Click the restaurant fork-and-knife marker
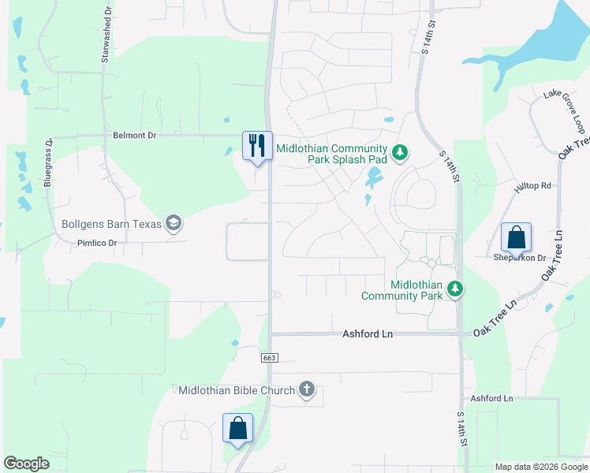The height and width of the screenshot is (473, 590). coord(257,145)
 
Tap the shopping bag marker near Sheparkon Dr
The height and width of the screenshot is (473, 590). coord(516,236)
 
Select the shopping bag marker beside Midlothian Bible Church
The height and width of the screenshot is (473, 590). coord(237,428)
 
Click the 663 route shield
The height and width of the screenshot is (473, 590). coord(270,358)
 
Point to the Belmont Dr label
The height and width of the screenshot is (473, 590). coord(135,136)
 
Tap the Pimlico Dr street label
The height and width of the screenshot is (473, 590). coord(96,244)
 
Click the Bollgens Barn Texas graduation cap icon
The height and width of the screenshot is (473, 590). coord(174,224)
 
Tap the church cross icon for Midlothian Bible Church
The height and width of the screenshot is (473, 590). coord(307,389)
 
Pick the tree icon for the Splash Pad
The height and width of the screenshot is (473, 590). coord(400,151)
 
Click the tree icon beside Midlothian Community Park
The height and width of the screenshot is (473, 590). coord(454,290)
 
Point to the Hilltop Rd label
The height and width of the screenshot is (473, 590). coord(534,186)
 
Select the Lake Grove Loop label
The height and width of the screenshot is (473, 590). coord(565,112)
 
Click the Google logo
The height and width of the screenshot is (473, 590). coord(27,464)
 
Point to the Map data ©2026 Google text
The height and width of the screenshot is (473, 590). coord(541,467)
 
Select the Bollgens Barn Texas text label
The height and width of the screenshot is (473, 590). coord(111,224)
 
